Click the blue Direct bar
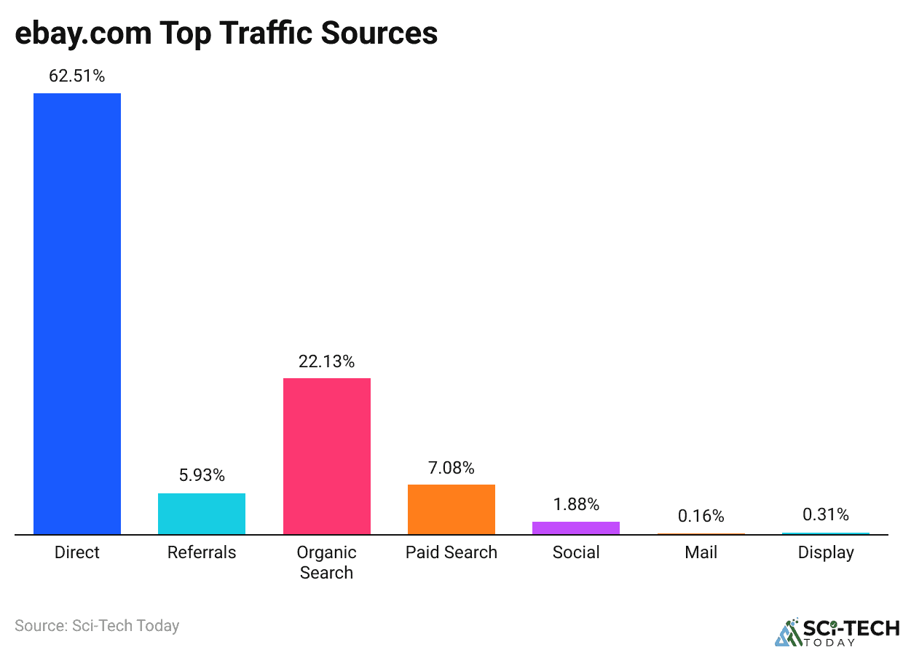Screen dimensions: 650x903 point(77,313)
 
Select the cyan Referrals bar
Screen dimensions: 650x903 point(202,514)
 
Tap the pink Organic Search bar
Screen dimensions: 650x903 point(326,455)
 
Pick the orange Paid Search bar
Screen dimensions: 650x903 point(451,509)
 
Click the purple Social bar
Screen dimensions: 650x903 point(575,528)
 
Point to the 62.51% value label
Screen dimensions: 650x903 point(77,76)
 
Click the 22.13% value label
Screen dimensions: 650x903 point(326,361)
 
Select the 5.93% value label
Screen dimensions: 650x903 point(202,476)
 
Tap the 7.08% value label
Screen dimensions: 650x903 point(451,468)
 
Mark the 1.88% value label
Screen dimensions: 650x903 point(575,504)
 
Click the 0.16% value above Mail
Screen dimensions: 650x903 point(701,516)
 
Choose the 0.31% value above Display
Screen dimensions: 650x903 point(825,514)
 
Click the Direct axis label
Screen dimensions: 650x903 point(77,552)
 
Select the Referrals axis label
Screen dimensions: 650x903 point(202,552)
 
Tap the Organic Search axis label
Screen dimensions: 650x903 point(326,562)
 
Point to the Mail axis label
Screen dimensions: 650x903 point(701,552)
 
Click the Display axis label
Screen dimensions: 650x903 point(825,552)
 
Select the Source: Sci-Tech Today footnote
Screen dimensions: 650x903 point(97,625)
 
